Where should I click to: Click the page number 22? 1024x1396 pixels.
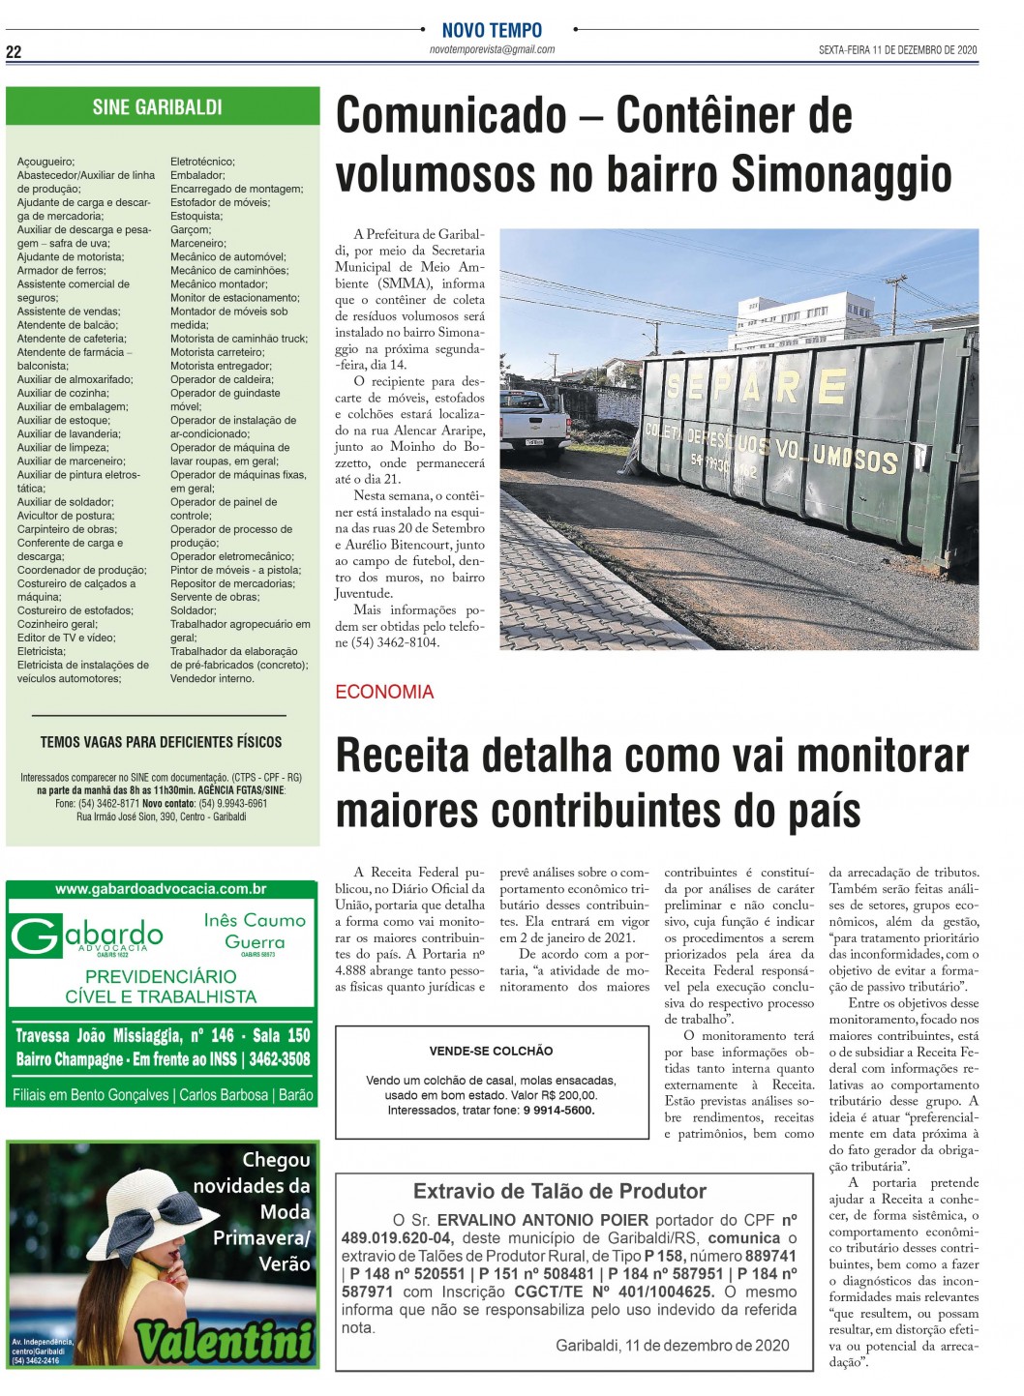point(14,52)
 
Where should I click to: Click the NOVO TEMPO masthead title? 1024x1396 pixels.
point(492,30)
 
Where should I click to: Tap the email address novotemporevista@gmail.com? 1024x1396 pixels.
point(492,49)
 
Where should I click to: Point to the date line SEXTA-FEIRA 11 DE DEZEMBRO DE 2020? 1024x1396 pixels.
point(897,50)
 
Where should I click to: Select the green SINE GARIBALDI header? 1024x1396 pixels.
point(158,107)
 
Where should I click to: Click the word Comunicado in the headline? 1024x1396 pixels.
point(450,116)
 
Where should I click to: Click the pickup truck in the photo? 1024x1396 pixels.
point(534,422)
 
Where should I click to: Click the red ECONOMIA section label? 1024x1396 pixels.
point(384,692)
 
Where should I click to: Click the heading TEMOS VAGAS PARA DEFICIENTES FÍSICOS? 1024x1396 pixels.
point(161,742)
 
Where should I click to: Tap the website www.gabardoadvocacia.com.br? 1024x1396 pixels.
point(161,889)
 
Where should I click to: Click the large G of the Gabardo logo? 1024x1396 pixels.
point(35,937)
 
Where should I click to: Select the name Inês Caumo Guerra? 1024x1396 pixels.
point(255,931)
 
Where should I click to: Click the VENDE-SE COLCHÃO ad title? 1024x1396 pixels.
point(491,1051)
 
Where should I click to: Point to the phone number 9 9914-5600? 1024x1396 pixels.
point(558,1110)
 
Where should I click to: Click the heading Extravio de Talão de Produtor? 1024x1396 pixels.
point(559,1191)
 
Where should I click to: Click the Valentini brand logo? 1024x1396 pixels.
point(225,1341)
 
